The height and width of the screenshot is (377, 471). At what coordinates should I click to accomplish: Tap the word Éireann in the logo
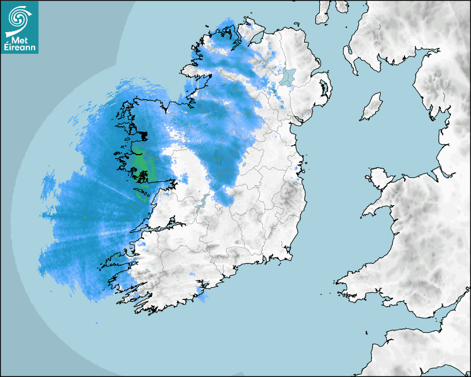click(x=21, y=48)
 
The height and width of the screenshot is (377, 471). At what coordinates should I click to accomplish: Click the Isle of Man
click(x=372, y=106)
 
